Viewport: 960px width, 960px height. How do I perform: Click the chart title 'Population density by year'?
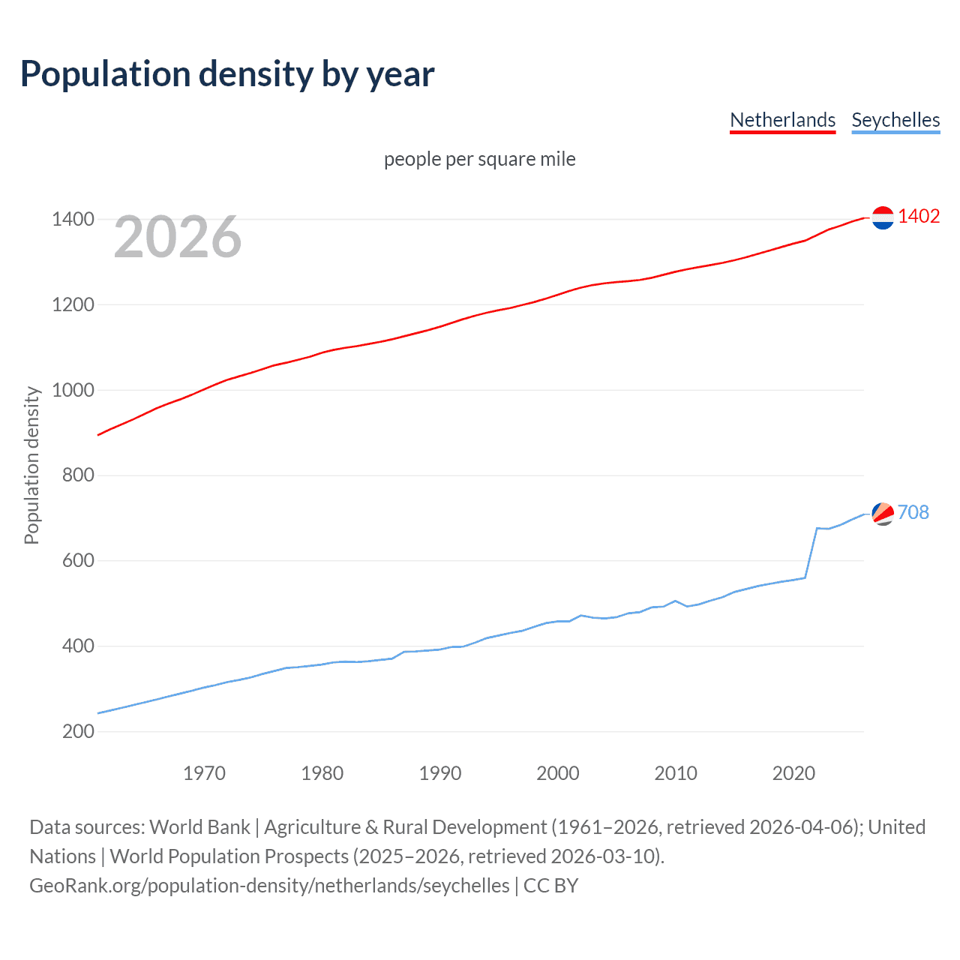pyautogui.click(x=227, y=73)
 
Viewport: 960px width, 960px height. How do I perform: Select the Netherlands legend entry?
pyautogui.click(x=782, y=120)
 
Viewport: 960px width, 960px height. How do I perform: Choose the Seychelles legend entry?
pyautogui.click(x=895, y=120)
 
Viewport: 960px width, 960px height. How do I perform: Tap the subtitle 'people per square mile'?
pyautogui.click(x=479, y=159)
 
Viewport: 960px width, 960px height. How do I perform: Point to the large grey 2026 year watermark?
pyautogui.click(x=178, y=237)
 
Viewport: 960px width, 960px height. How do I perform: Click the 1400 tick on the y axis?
pyautogui.click(x=73, y=220)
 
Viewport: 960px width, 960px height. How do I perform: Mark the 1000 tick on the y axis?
pyautogui.click(x=73, y=390)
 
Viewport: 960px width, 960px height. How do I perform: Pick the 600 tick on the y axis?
pyautogui.click(x=78, y=561)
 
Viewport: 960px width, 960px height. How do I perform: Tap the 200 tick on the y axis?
pyautogui.click(x=78, y=731)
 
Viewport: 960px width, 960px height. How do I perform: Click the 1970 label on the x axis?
pyautogui.click(x=204, y=773)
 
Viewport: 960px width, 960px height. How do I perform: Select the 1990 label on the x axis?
pyautogui.click(x=440, y=773)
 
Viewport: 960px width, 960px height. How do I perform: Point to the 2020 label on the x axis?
pyautogui.click(x=793, y=773)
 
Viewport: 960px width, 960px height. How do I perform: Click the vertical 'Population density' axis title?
pyautogui.click(x=31, y=465)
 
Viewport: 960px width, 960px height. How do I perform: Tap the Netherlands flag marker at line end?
pyautogui.click(x=883, y=217)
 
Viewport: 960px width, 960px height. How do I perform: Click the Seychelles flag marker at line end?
pyautogui.click(x=883, y=514)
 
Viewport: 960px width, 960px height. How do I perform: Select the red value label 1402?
pyautogui.click(x=919, y=216)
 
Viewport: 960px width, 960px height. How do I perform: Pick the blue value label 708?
pyautogui.click(x=913, y=512)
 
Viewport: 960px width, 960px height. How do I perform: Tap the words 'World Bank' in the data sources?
pyautogui.click(x=199, y=826)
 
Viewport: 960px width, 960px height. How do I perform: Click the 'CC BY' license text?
pyautogui.click(x=551, y=886)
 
